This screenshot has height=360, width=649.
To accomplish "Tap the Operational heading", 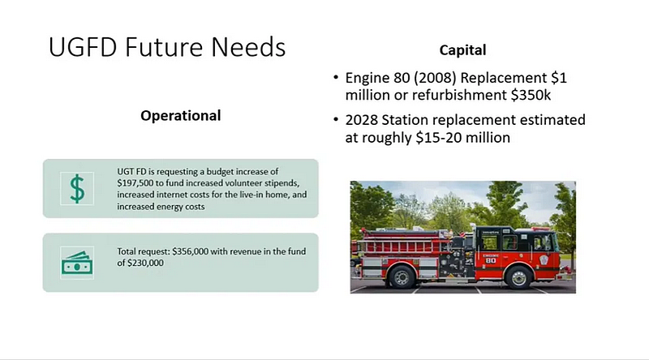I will coord(180,115).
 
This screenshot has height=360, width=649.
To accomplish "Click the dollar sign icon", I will coord(77,188).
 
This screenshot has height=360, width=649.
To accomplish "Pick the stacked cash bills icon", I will coord(77,263).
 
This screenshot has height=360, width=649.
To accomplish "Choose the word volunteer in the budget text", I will coord(239,183).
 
